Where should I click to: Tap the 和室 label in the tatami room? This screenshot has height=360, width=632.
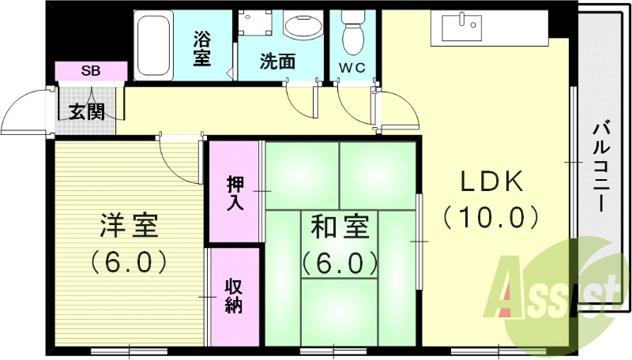(340, 227)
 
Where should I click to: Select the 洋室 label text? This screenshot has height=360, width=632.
(129, 227)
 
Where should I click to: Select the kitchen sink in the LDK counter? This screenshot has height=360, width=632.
(462, 28)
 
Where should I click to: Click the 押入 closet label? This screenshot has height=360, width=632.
(235, 193)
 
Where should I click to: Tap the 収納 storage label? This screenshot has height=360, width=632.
(234, 296)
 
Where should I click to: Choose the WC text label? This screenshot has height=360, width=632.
(352, 68)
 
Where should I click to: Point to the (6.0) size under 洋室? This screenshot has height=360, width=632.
(129, 260)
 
